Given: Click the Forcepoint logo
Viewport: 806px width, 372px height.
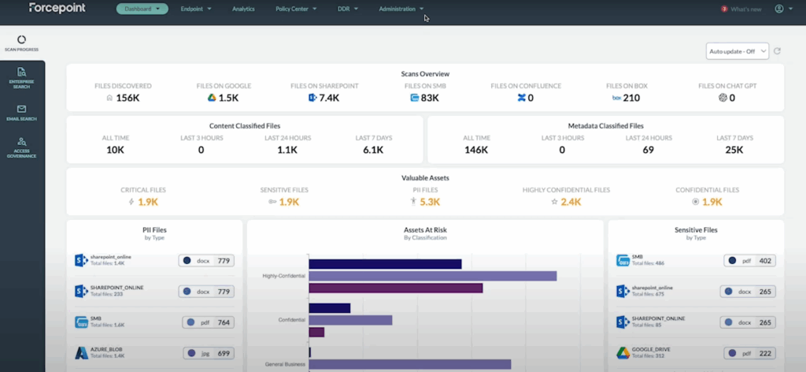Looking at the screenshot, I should [57, 8].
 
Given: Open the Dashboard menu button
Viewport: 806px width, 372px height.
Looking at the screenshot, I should [142, 9].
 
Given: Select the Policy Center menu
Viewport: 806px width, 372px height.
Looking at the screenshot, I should [296, 9].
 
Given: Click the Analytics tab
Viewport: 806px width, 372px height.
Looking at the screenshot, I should [243, 9].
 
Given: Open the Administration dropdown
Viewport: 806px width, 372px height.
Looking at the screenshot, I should [401, 9].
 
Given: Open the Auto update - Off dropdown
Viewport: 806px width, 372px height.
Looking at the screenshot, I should [737, 51].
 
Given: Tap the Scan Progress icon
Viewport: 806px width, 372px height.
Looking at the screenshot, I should [21, 39].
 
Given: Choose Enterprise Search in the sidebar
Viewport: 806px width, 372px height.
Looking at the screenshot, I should [22, 76].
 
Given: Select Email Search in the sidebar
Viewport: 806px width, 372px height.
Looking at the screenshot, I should [22, 112].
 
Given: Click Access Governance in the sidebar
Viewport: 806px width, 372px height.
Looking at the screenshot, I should [22, 147].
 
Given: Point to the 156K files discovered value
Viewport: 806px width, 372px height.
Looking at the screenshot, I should [128, 98].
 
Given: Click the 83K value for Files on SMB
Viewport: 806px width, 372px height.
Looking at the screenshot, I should [429, 98].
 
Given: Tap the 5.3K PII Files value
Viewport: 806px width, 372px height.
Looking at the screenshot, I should [430, 202].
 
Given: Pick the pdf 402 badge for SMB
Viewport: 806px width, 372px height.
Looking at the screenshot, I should [749, 260].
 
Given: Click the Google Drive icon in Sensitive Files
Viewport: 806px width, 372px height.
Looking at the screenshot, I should [623, 353].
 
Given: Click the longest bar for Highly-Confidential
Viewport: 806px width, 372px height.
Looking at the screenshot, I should [432, 276].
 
